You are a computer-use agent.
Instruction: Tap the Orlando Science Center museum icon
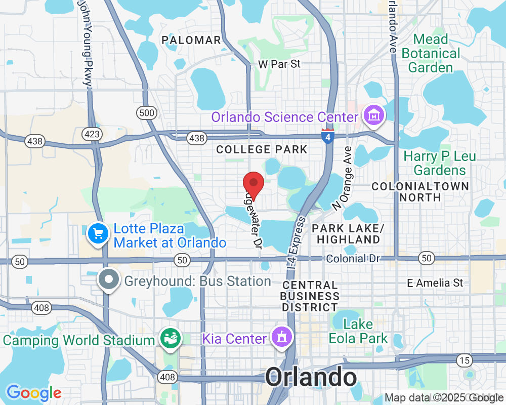tap(375, 116)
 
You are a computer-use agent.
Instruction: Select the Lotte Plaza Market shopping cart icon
tap(97, 234)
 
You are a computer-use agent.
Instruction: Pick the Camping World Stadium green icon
tap(170, 339)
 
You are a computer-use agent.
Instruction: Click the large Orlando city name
tap(311, 378)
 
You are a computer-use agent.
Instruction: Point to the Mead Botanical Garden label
tap(431, 53)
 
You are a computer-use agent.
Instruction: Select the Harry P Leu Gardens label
tap(439, 163)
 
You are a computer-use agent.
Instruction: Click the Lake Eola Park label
tap(358, 331)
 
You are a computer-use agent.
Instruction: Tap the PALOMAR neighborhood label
tap(191, 40)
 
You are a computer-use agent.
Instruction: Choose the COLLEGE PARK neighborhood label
tap(262, 149)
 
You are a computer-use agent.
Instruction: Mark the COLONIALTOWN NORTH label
tap(420, 191)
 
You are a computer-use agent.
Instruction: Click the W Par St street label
tap(279, 64)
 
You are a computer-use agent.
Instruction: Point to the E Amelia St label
tap(435, 282)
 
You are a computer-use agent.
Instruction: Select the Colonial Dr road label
tap(353, 259)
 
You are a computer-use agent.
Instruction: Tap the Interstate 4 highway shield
tap(327, 136)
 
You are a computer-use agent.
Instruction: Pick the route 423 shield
tap(93, 134)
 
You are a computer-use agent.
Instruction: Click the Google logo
tap(33, 393)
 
